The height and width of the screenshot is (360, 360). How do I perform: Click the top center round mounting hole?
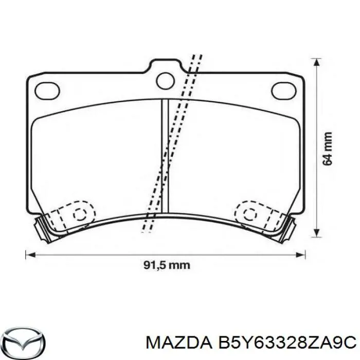[x=166, y=80]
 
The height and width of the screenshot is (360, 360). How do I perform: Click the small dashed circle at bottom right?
[x=251, y=214]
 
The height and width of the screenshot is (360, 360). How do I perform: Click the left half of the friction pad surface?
[x=98, y=154]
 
